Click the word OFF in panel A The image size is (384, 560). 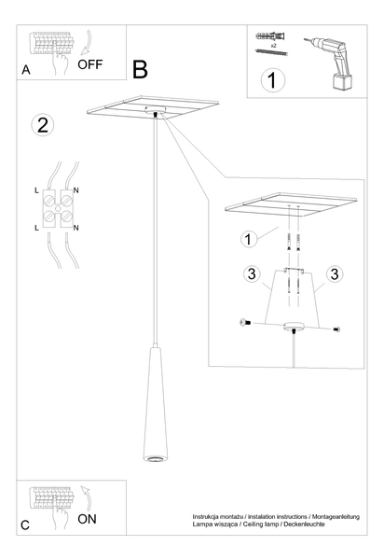pyautogui.click(x=91, y=64)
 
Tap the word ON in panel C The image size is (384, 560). pyautogui.click(x=88, y=517)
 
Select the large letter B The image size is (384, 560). pyautogui.click(x=141, y=70)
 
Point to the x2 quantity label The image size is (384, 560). pyautogui.click(x=272, y=44)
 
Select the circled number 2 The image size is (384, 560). pyautogui.click(x=41, y=125)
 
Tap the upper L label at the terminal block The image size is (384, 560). pyautogui.click(x=36, y=190)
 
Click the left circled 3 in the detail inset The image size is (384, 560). pyautogui.click(x=250, y=274)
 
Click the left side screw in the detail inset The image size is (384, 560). pyautogui.click(x=246, y=322)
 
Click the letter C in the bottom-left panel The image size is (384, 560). pyautogui.click(x=26, y=526)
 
